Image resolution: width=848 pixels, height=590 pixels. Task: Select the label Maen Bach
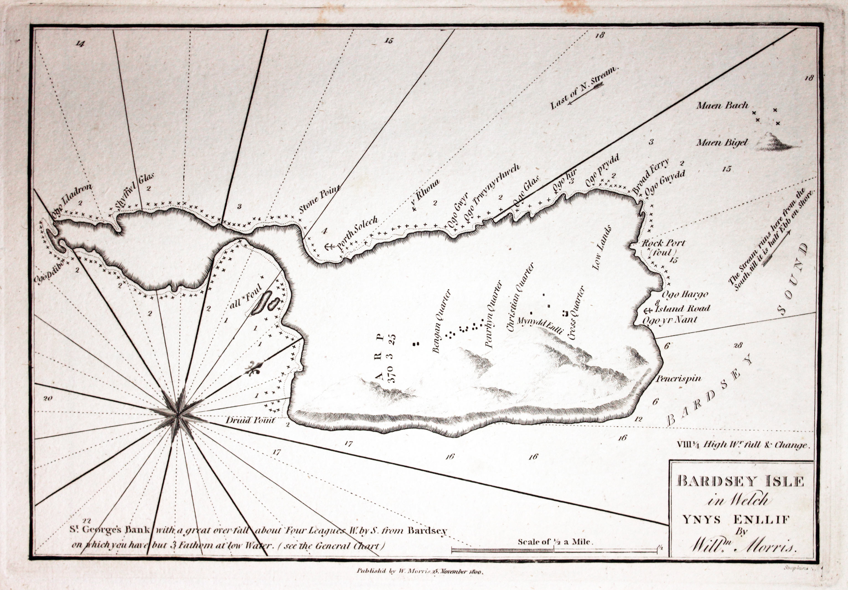(x=722, y=106)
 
